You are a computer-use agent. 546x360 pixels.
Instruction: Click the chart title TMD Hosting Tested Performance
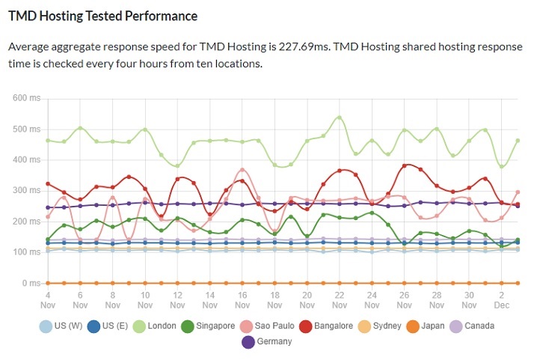103,16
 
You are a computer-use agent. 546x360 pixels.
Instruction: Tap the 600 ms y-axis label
28,98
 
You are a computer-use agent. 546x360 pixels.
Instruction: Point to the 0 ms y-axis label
32,283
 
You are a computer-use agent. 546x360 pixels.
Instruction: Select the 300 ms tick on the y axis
28,190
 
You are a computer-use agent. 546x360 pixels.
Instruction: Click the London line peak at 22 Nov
340,118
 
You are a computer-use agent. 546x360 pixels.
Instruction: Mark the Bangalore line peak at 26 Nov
405,165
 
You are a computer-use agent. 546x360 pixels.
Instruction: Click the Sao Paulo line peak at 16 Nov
242,170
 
